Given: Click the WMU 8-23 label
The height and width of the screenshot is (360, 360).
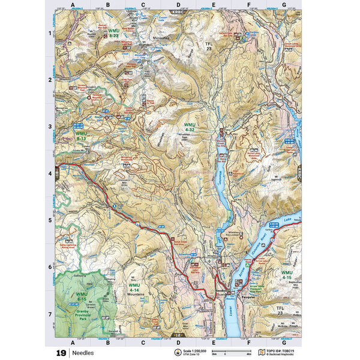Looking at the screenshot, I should (x=113, y=32).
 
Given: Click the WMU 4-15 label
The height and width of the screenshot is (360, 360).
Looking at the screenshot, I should (x=286, y=275).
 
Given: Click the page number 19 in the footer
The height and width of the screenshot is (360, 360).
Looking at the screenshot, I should (x=61, y=353).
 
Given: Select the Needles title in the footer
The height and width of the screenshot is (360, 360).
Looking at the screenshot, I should (x=83, y=353).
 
